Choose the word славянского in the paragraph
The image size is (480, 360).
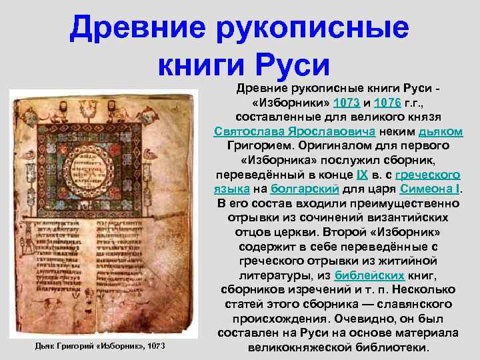point(416,304)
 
